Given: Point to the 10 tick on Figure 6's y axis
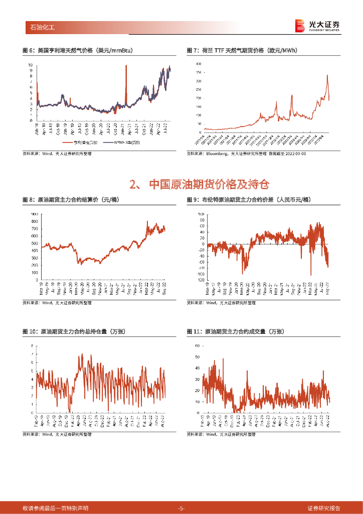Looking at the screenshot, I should click(31, 65).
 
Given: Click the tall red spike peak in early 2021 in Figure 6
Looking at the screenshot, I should click(126, 66).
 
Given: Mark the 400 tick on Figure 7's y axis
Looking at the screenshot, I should click(198, 64).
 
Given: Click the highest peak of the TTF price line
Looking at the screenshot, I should click(327, 75).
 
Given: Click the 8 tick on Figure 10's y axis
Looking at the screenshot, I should click(33, 346).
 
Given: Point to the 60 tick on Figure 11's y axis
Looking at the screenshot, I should click(198, 346).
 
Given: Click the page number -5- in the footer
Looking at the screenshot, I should click(181, 508).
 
